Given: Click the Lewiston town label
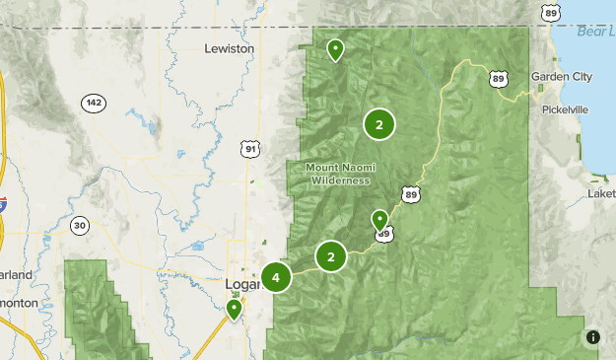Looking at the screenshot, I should click(229, 47).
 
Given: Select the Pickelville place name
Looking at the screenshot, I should click(564, 109).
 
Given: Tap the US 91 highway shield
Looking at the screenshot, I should click(251, 149).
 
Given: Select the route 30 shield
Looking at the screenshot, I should click(80, 226).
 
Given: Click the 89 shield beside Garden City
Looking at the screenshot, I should click(499, 79).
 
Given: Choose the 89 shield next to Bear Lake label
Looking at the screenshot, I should click(552, 12).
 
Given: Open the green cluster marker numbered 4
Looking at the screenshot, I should click(277, 277).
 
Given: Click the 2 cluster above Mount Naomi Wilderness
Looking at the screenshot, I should click(378, 124).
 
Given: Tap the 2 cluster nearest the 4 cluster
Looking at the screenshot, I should click(331, 257).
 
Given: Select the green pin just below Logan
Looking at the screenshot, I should click(234, 310).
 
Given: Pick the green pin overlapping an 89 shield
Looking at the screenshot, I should click(379, 220).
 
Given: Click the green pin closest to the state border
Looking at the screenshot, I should click(336, 48).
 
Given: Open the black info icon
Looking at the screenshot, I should click(592, 337).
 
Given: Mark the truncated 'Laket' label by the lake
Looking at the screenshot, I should click(600, 193).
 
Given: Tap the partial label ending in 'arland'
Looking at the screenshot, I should click(16, 273).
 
